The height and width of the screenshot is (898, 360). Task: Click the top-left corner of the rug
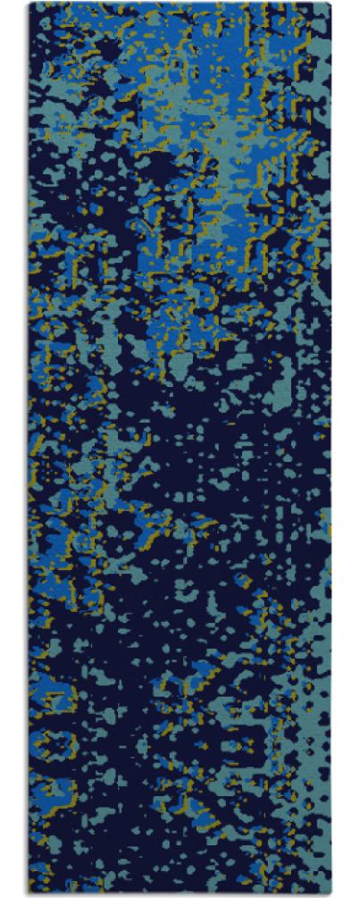pos(29,4)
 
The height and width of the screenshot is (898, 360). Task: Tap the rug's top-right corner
pos(331,4)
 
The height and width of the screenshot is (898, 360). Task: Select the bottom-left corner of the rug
pos(29,894)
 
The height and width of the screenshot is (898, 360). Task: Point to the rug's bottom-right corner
pos(331,894)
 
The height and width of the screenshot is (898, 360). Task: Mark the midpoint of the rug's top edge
pos(180,4)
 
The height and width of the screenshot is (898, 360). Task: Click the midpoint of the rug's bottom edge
pos(180,894)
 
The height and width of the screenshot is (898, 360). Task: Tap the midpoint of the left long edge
pos(29,449)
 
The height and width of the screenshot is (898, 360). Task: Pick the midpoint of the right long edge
pos(331,449)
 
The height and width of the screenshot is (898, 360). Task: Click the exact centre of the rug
pos(180,449)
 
